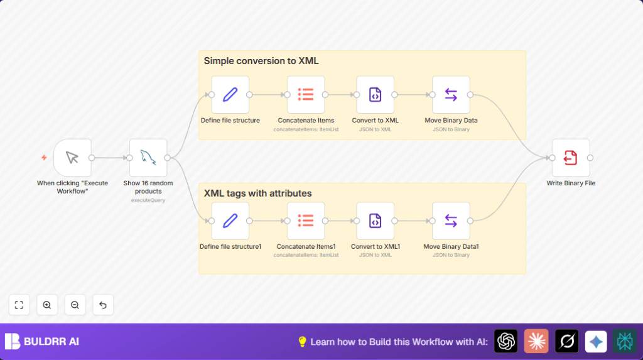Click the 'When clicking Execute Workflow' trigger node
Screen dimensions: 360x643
pos(72,158)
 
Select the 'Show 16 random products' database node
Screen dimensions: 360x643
pos(148,158)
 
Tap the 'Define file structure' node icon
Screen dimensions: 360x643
pos(230,95)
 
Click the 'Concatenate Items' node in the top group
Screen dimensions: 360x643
pos(306,95)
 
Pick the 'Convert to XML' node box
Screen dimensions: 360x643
pos(375,95)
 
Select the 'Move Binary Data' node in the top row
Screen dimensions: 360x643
pos(451,95)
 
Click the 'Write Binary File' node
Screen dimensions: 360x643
pos(571,158)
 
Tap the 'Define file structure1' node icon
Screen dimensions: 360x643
pos(230,221)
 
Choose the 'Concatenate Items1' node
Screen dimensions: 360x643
pos(306,221)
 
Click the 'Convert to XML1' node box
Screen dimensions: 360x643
pos(375,221)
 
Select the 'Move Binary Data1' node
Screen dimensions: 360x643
pos(451,221)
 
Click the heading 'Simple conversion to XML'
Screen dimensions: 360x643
pos(261,61)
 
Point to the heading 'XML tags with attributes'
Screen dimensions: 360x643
pos(257,193)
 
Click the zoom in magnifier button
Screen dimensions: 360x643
pos(47,305)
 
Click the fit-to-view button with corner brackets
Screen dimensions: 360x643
pos(19,305)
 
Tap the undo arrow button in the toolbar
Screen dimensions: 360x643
pos(103,305)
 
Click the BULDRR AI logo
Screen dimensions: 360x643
pos(42,342)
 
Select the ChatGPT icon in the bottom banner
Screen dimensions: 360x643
pos(505,341)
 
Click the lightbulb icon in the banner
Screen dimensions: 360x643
pos(302,342)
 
